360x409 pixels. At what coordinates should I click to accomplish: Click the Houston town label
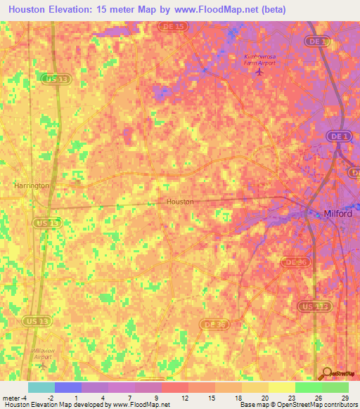click(x=180, y=202)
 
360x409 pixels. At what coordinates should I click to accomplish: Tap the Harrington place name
click(x=32, y=186)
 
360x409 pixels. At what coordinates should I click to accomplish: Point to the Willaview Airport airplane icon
click(x=42, y=365)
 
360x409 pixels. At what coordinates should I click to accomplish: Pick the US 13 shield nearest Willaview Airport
click(x=42, y=321)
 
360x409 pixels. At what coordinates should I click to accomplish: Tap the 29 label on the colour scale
click(x=344, y=398)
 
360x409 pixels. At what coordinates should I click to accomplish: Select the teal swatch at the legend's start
click(x=41, y=387)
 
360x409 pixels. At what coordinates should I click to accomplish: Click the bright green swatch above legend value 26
click(x=308, y=387)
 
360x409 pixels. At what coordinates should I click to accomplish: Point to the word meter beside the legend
click(x=10, y=398)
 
